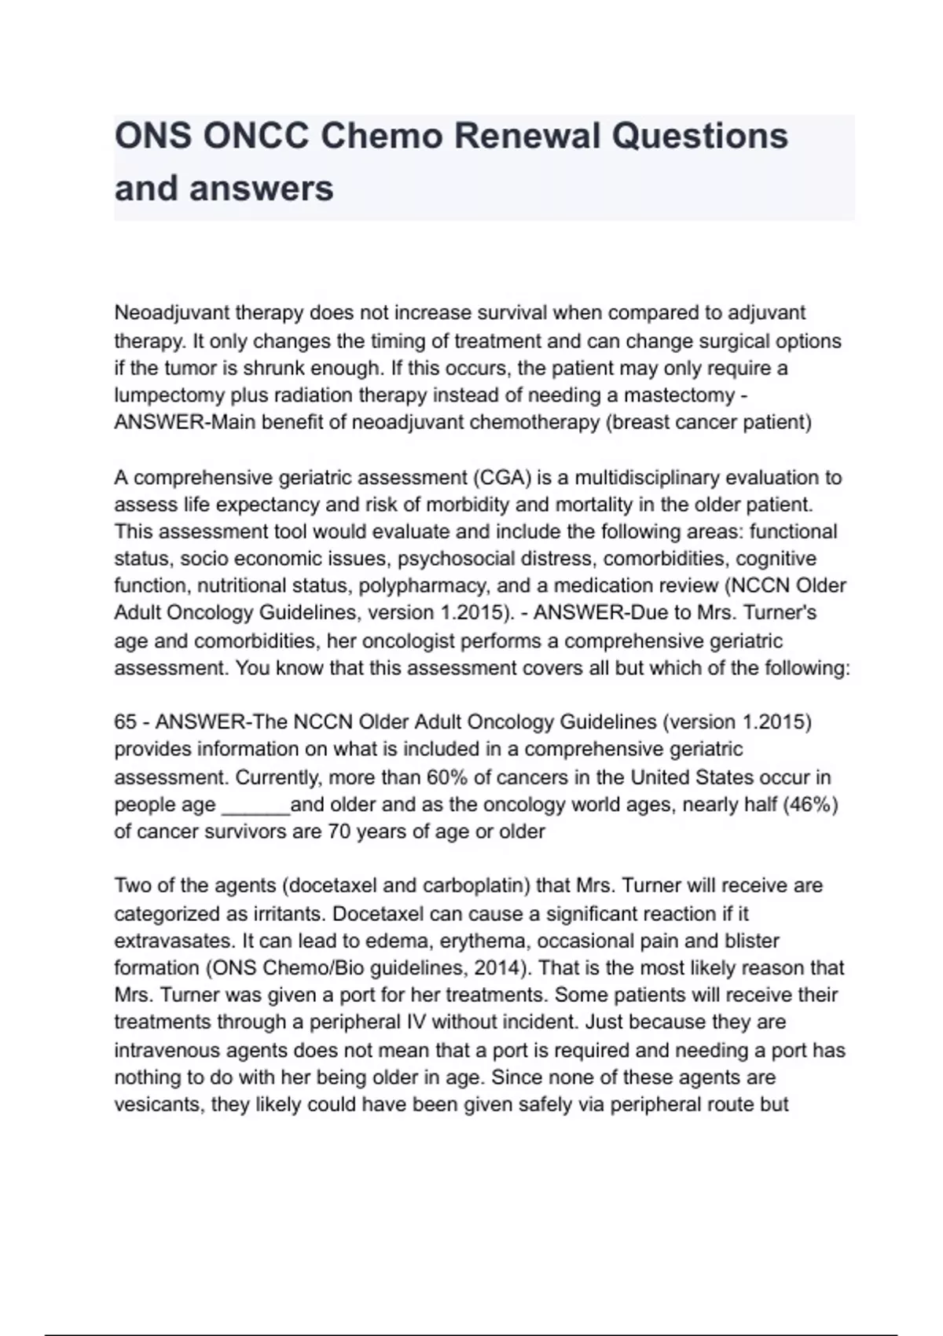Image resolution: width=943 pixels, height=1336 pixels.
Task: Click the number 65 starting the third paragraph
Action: click(126, 722)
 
